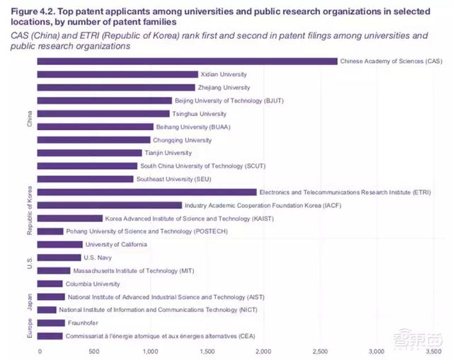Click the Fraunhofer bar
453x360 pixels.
(50, 323)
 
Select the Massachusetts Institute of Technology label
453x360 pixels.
(125, 271)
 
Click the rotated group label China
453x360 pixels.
(29, 120)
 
